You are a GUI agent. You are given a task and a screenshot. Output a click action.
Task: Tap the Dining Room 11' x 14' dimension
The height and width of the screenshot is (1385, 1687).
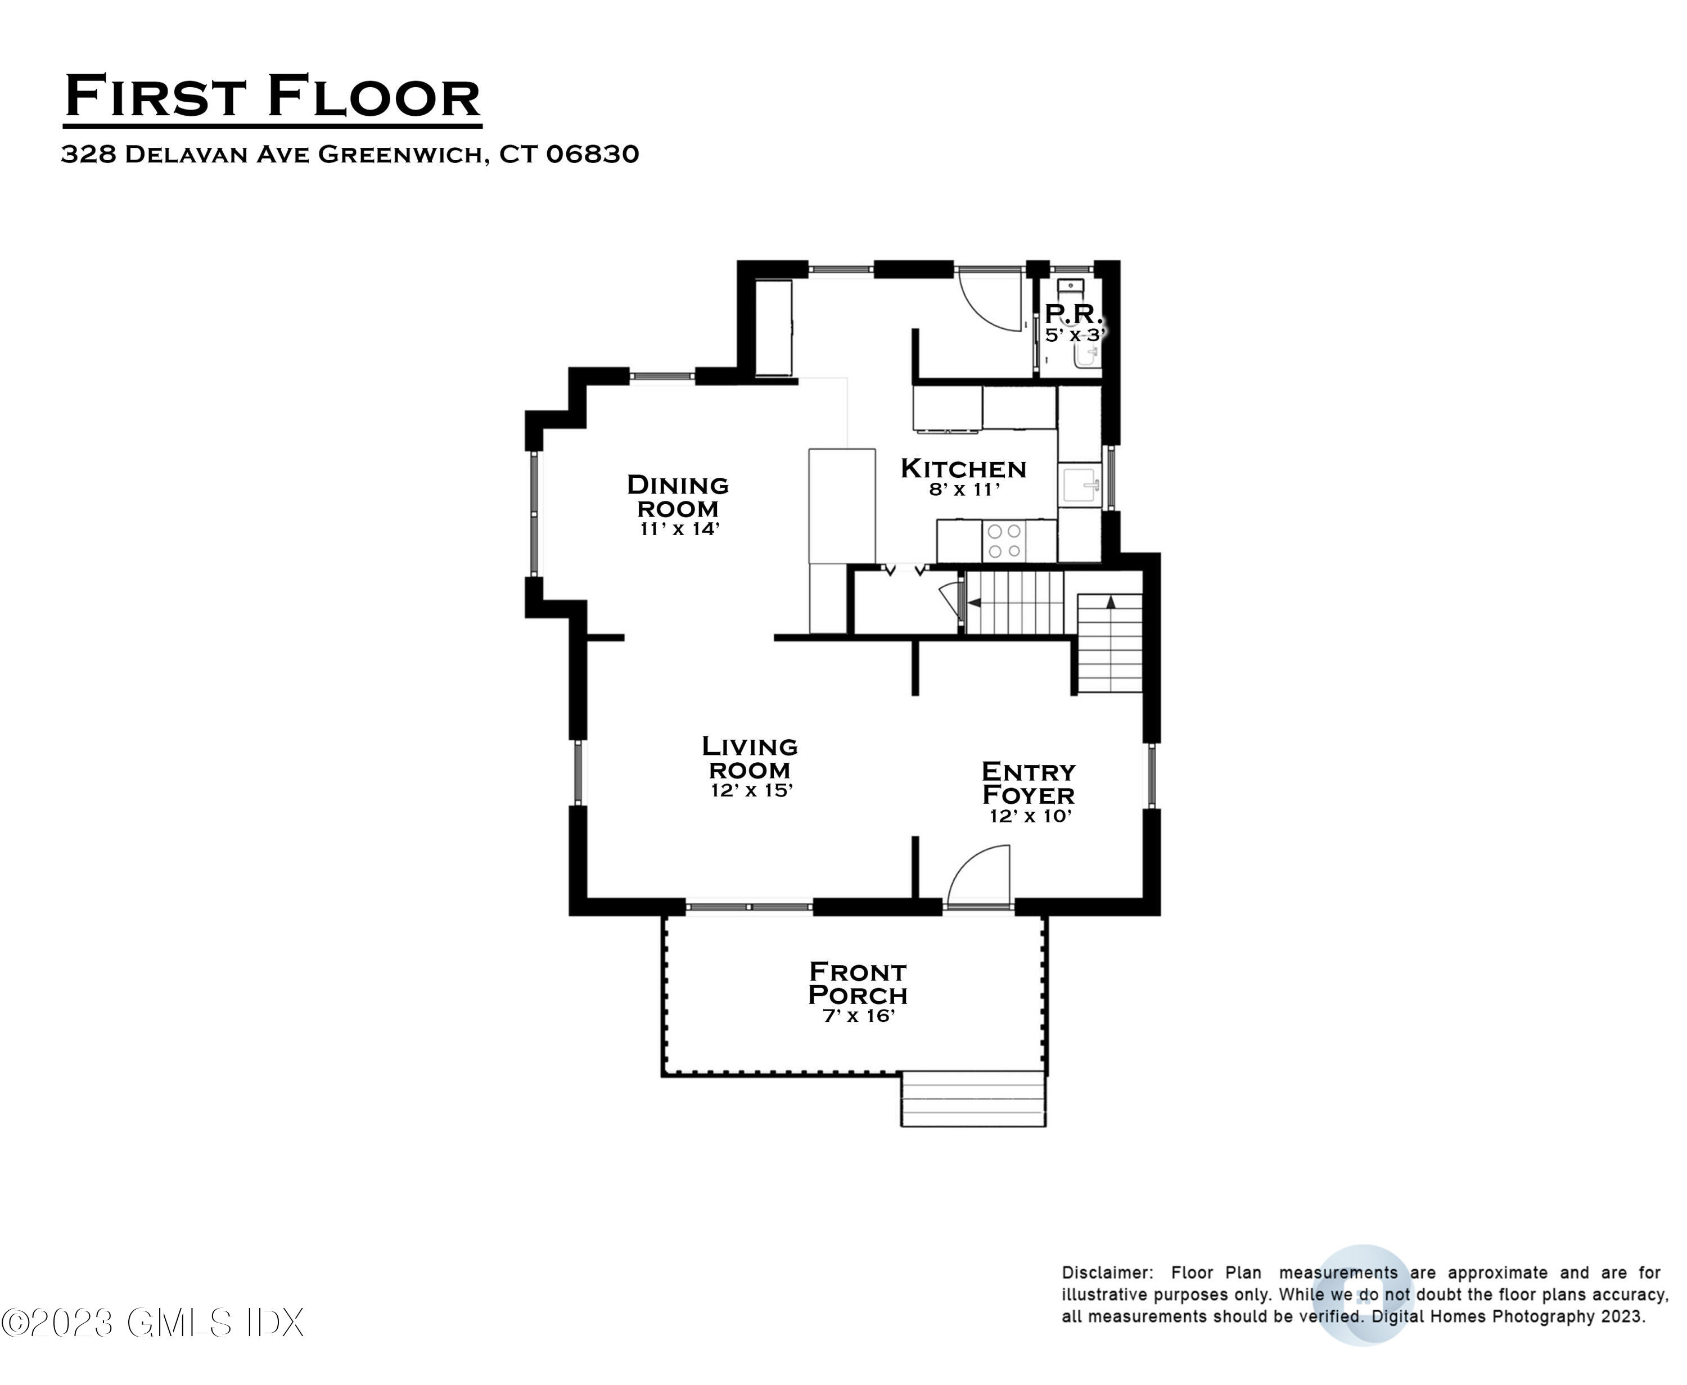point(679,529)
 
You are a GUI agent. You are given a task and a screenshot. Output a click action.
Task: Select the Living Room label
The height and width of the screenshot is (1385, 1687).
point(750,758)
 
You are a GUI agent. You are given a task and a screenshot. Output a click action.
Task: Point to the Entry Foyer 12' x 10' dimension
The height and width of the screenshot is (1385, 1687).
point(1030,816)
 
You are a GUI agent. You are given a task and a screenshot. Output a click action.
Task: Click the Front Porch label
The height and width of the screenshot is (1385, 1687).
point(858,983)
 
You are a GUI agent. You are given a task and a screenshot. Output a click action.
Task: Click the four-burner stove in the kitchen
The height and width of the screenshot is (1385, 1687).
point(1004,541)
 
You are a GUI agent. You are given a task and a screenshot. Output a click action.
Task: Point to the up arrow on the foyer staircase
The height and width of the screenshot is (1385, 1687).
point(1111,601)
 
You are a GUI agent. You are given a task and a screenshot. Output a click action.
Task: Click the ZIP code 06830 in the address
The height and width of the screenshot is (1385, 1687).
point(592,154)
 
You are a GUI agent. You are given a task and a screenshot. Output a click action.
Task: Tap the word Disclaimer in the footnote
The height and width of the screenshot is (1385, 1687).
point(1106,1273)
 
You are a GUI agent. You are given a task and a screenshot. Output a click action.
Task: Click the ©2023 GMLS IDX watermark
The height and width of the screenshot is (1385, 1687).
point(152,1324)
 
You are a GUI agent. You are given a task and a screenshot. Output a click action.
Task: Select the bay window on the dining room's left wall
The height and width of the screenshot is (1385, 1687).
point(535,514)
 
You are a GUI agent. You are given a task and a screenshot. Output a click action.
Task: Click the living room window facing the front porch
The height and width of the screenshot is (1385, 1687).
point(748,907)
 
